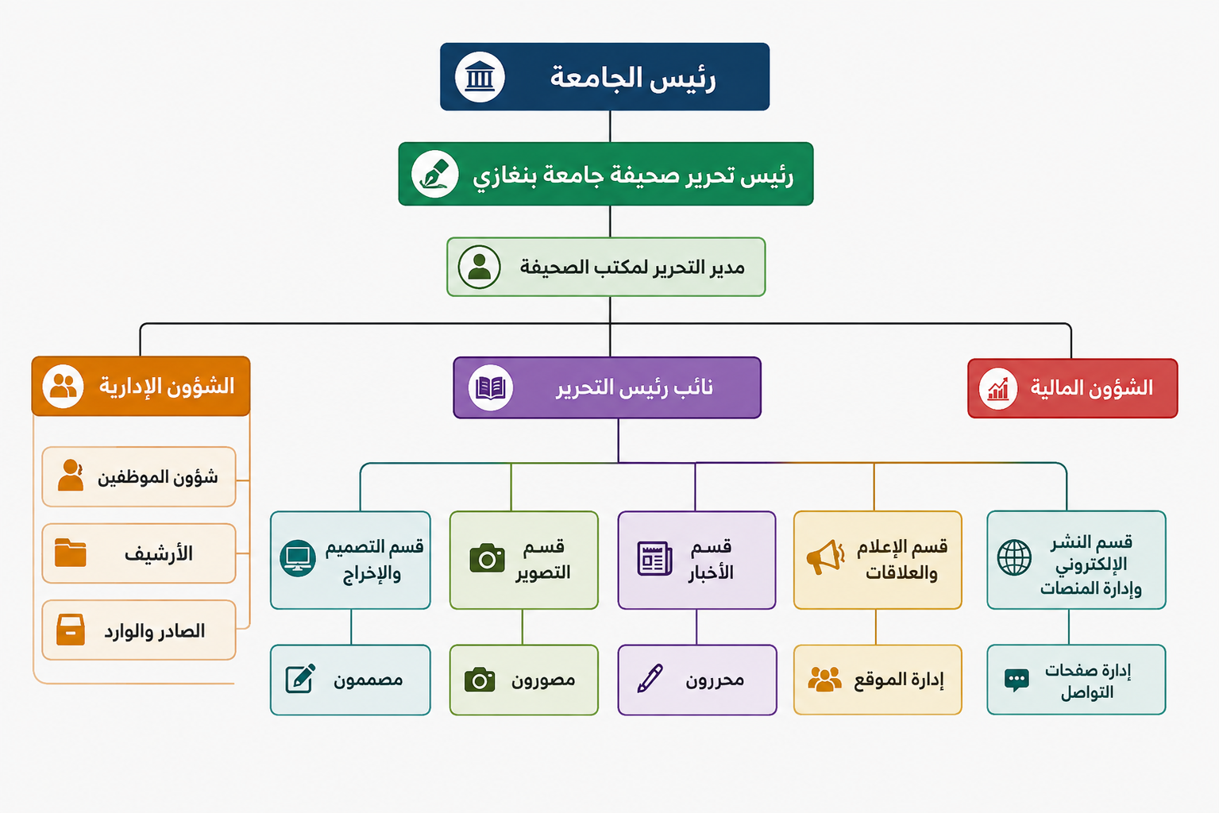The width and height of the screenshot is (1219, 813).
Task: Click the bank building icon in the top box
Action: pyautogui.click(x=480, y=77)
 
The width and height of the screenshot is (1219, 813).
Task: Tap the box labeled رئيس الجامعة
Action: pyautogui.click(x=604, y=77)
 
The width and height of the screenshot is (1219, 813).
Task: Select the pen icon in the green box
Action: pyautogui.click(x=435, y=174)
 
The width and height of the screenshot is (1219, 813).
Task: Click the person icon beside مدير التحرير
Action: pyautogui.click(x=479, y=267)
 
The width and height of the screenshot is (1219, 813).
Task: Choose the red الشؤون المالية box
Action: pyautogui.click(x=1072, y=388)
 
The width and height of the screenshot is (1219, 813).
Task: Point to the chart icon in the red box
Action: pyautogui.click(x=997, y=388)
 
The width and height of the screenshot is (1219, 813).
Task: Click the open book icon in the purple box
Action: pyautogui.click(x=490, y=387)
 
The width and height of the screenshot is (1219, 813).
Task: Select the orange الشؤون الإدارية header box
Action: pyautogui.click(x=141, y=386)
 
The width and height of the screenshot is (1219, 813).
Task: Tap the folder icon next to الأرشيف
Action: pyautogui.click(x=70, y=553)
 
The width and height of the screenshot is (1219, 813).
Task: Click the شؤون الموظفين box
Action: pyautogui.click(x=139, y=476)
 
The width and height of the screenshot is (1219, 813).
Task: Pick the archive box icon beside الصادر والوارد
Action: pyautogui.click(x=71, y=630)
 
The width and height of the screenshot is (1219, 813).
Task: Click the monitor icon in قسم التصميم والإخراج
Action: pyautogui.click(x=297, y=558)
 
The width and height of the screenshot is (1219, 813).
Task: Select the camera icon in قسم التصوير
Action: pyautogui.click(x=487, y=558)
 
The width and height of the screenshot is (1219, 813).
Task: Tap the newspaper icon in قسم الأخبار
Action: pyautogui.click(x=654, y=558)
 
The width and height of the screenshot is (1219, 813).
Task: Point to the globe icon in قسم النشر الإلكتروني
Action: pyautogui.click(x=1014, y=558)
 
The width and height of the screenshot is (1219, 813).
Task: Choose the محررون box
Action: pyautogui.click(x=697, y=680)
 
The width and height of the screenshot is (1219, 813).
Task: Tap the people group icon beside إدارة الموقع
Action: pyautogui.click(x=824, y=679)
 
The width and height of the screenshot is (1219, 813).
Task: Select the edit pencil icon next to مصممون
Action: pyautogui.click(x=300, y=679)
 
